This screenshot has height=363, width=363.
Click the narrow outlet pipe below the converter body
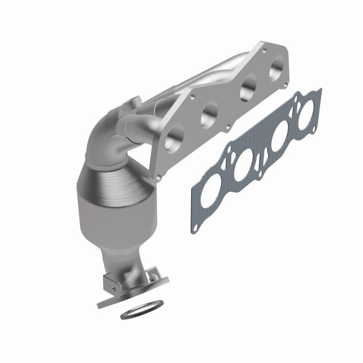tap(119, 259)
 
